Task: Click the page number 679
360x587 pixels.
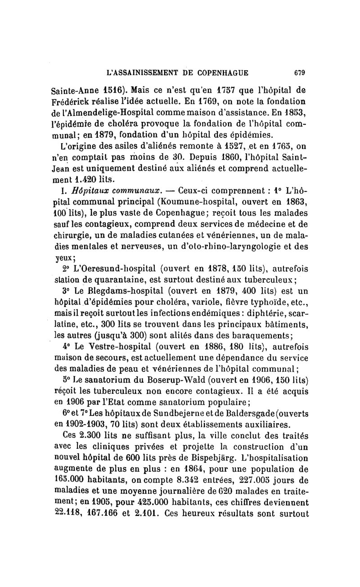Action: pos(299,72)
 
